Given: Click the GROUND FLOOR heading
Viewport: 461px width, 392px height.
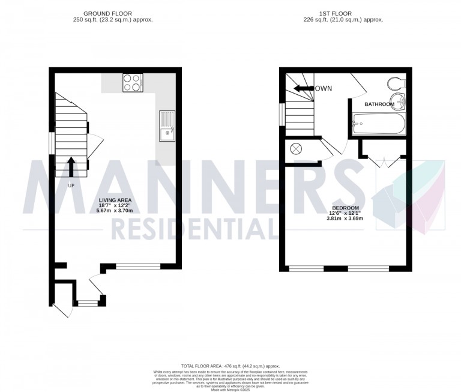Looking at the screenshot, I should [108, 13].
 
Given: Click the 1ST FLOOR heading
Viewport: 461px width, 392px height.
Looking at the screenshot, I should [344, 13].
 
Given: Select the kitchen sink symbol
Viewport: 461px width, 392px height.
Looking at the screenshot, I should [166, 125].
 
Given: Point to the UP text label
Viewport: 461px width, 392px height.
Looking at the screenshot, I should [71, 185].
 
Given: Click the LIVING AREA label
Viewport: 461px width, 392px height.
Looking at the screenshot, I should [115, 200].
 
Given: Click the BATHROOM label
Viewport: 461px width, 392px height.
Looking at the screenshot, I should [379, 104].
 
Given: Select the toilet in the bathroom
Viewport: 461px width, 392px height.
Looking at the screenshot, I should [396, 83].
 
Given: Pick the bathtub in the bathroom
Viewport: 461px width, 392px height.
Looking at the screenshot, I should [378, 126].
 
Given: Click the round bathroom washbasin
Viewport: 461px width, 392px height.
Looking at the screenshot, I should [397, 100].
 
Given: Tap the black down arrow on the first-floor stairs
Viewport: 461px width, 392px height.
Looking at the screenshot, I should [303, 89].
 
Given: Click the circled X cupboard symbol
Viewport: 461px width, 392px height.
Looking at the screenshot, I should [295, 149].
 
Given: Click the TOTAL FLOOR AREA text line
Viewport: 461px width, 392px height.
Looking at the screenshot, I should [230, 366].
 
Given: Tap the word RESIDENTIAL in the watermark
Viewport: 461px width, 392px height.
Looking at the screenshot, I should [192, 228].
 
